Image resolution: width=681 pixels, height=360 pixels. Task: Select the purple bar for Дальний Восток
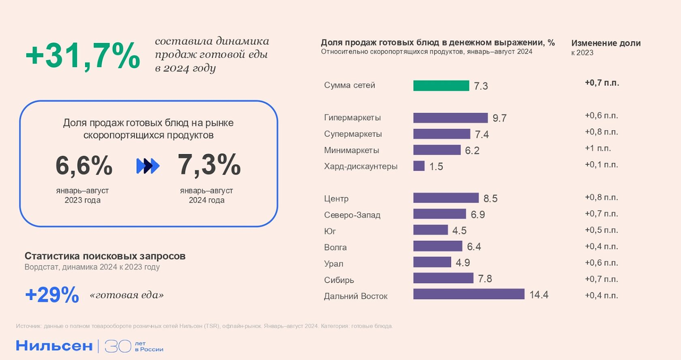[469, 294]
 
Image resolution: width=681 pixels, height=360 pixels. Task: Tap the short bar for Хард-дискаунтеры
[419, 166]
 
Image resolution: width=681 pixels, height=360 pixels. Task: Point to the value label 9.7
[499, 119]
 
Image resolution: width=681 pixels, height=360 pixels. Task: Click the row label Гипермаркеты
[352, 118]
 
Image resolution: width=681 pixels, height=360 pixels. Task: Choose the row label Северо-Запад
[352, 215]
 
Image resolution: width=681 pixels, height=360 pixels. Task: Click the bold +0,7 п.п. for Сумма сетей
[602, 83]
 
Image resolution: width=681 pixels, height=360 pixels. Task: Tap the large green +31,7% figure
[83, 56]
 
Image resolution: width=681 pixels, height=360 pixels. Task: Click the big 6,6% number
[84, 166]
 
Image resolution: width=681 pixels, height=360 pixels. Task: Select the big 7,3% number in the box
[209, 166]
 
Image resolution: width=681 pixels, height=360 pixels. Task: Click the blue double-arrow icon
[148, 166]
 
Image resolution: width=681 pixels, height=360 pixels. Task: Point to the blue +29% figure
[52, 295]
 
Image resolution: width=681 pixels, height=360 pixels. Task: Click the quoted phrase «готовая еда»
[127, 296]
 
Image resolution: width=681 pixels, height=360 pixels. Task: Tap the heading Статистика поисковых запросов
[105, 256]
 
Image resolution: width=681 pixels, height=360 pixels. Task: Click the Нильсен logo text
[53, 346]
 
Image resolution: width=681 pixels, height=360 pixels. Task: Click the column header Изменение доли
[606, 43]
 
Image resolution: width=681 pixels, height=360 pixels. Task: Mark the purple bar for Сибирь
[443, 278]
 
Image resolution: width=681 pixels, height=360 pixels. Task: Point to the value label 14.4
[539, 295]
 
